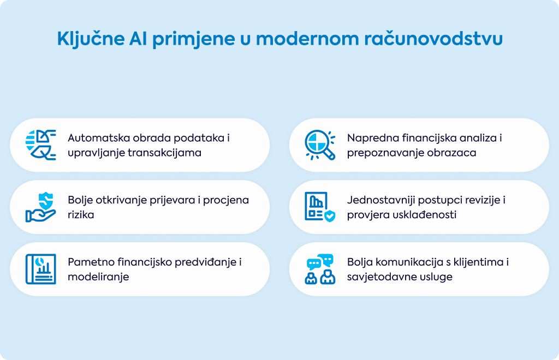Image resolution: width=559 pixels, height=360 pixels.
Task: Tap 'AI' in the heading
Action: click(x=138, y=39)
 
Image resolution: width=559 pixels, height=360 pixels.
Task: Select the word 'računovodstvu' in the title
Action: click(x=433, y=39)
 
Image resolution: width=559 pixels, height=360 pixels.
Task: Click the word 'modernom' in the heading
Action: click(x=307, y=39)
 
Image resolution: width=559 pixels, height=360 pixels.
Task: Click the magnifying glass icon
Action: click(x=320, y=145)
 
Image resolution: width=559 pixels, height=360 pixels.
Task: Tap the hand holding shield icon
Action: click(x=40, y=207)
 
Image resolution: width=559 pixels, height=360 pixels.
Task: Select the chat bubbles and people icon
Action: click(x=320, y=269)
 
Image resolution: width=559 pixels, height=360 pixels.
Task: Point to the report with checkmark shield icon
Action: click(x=320, y=207)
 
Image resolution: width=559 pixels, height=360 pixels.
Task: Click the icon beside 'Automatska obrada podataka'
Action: click(x=40, y=145)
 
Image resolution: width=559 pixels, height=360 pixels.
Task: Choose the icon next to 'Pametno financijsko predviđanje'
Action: click(x=40, y=269)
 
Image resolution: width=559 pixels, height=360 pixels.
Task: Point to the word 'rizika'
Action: click(x=81, y=215)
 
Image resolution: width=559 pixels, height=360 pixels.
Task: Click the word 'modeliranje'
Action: click(x=98, y=277)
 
